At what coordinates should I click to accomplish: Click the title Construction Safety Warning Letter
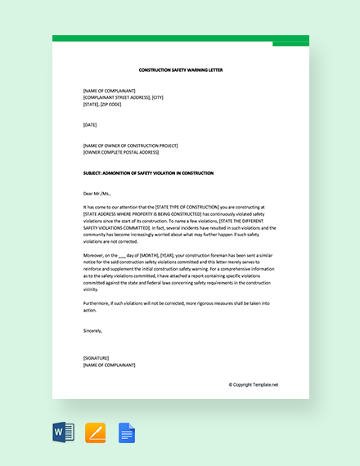(181, 70)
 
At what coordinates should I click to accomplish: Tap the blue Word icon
(63, 432)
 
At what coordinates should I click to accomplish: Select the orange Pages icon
(95, 432)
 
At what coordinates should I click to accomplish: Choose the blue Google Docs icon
(127, 432)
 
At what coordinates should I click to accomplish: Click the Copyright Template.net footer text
(254, 384)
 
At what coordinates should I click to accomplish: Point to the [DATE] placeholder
(90, 124)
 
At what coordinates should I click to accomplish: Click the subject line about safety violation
(148, 173)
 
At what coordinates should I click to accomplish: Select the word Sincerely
(94, 330)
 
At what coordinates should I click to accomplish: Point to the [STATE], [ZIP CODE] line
(101, 104)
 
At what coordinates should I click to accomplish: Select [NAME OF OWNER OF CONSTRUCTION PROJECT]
(130, 146)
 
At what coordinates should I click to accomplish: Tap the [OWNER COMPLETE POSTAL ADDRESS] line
(121, 152)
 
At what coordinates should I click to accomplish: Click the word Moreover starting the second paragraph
(95, 255)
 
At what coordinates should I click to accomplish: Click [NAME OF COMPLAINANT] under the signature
(110, 365)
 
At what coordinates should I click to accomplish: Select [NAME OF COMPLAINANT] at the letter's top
(110, 91)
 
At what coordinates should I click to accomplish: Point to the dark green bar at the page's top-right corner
(290, 43)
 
